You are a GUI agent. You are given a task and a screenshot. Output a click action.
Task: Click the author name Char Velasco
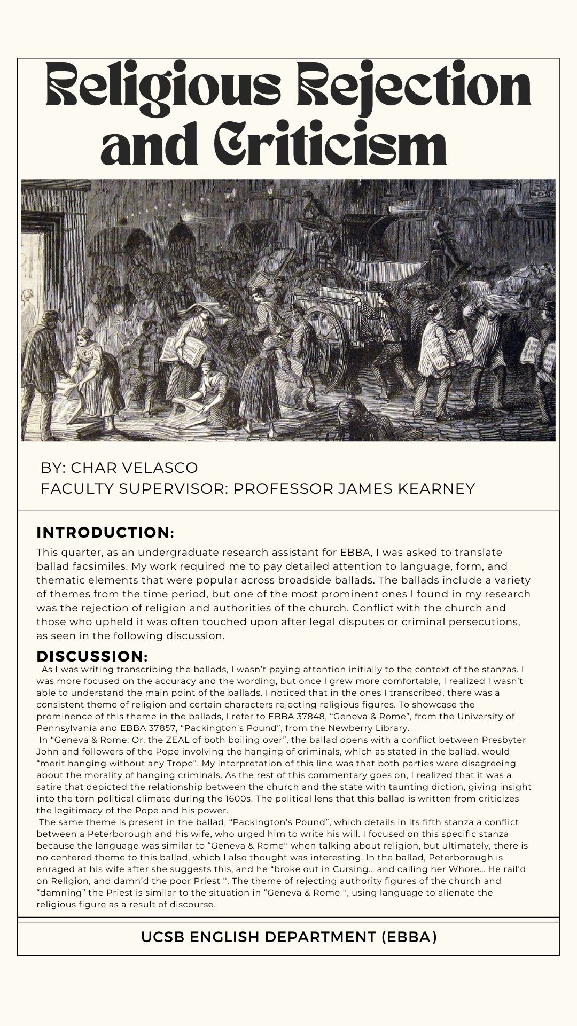(x=134, y=468)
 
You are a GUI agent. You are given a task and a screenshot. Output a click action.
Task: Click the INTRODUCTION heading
(x=105, y=533)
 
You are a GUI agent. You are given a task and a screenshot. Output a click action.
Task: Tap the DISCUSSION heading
(x=92, y=656)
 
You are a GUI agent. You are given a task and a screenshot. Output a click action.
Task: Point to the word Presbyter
(x=488, y=740)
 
